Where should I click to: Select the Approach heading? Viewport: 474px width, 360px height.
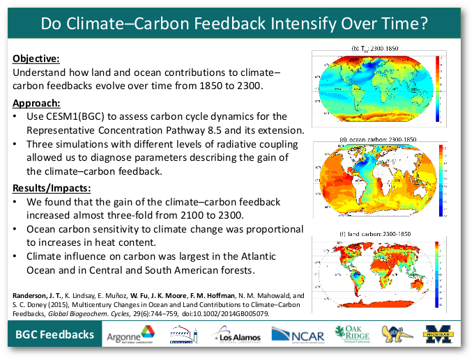(x=37, y=103)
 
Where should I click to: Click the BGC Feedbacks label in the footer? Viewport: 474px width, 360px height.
(x=55, y=335)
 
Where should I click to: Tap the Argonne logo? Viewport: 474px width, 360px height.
(x=130, y=336)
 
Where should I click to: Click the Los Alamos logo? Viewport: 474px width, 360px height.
(x=236, y=336)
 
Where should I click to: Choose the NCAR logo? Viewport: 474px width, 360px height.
(x=298, y=336)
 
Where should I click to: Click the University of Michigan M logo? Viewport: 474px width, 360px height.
(x=441, y=335)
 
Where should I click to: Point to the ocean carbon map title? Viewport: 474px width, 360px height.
(x=378, y=140)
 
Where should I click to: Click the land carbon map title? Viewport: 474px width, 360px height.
(x=377, y=233)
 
